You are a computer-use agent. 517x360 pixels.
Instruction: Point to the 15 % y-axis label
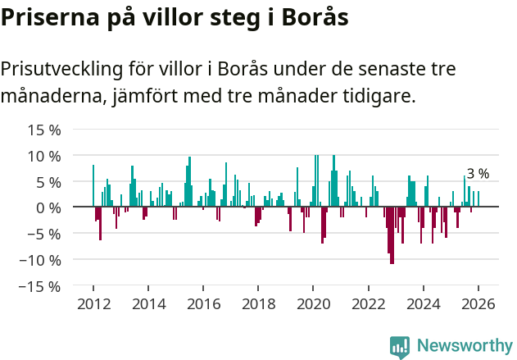point(45,130)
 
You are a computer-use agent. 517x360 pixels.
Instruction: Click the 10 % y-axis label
point(45,156)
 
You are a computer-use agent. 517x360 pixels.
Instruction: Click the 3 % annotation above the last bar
point(478,174)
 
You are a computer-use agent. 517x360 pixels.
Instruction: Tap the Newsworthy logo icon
point(400,346)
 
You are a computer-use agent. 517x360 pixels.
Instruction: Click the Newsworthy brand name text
point(464,346)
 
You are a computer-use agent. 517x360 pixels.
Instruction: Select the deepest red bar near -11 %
point(392,235)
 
